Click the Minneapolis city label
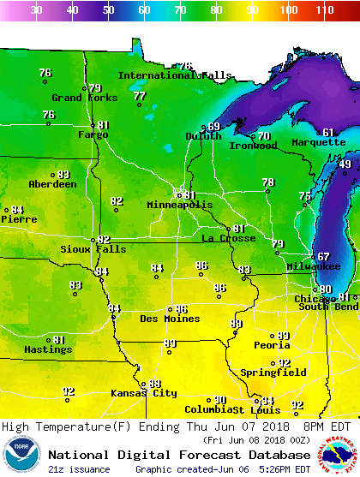click(179, 206)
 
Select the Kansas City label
click(143, 393)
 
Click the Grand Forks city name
click(84, 98)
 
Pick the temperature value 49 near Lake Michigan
click(345, 164)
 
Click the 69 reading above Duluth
click(213, 127)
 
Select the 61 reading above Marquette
click(328, 133)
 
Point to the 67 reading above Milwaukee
click(323, 257)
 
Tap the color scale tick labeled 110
click(324, 10)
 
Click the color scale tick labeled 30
click(36, 10)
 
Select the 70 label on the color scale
click(180, 10)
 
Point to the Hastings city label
click(47, 350)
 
